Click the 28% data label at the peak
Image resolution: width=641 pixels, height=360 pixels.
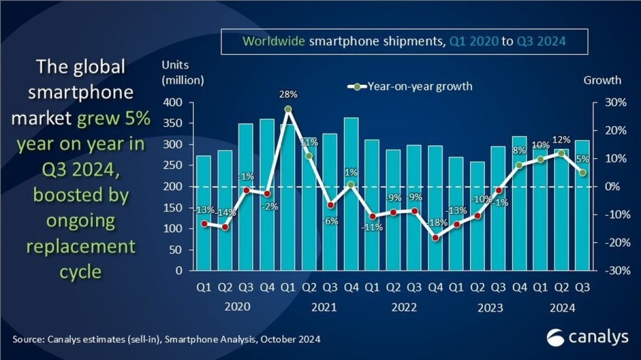(288, 95)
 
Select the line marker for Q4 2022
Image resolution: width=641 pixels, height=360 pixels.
(435, 238)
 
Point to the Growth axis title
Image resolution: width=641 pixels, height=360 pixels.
(602, 80)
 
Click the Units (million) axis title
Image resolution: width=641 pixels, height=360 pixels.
(183, 74)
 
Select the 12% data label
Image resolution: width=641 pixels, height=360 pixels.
(561, 140)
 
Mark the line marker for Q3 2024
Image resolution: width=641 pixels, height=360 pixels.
(583, 173)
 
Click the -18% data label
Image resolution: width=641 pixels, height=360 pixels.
(436, 222)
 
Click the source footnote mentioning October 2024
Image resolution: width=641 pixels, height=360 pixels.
(166, 339)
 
